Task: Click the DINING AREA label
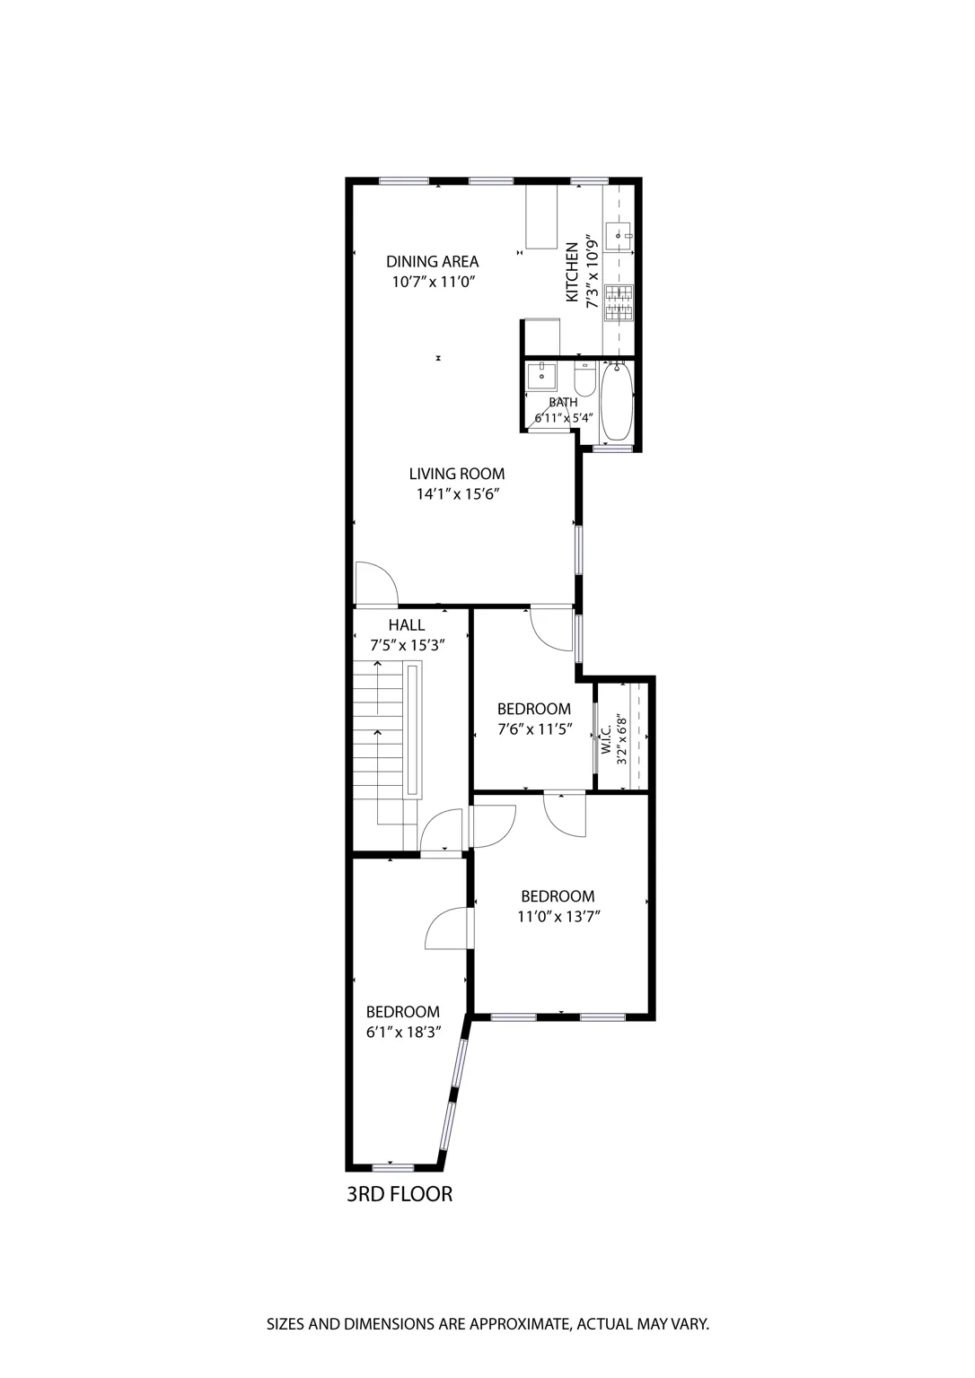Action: (x=432, y=262)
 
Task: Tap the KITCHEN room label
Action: (x=572, y=272)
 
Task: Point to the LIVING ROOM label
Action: (x=456, y=474)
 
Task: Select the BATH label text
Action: (x=563, y=403)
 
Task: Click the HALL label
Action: (x=407, y=625)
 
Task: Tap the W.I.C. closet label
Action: (x=607, y=739)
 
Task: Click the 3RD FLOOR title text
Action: (x=400, y=1194)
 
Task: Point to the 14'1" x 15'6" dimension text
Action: (x=456, y=494)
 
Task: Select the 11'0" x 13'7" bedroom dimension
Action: (x=558, y=917)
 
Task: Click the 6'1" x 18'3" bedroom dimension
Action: (x=402, y=1033)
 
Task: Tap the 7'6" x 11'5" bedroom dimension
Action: (x=533, y=729)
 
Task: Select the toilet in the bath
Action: (x=584, y=380)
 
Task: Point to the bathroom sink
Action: (x=541, y=376)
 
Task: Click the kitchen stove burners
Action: (x=619, y=302)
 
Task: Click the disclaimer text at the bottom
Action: (x=487, y=1323)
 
